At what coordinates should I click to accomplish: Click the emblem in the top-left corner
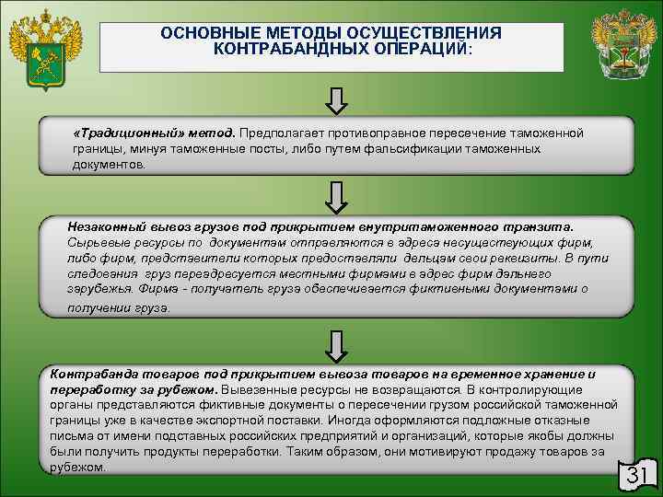pyautogui.click(x=42, y=50)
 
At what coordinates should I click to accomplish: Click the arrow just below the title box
pyautogui.click(x=338, y=98)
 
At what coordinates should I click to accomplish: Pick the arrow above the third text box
pyautogui.click(x=338, y=342)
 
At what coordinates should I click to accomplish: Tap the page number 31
pyautogui.click(x=638, y=475)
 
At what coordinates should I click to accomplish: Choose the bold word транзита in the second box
pyautogui.click(x=541, y=225)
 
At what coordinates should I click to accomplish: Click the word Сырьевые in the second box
pyautogui.click(x=96, y=241)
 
